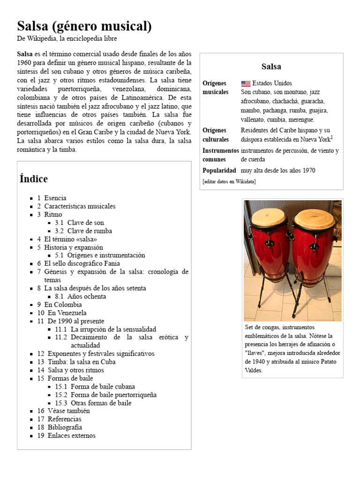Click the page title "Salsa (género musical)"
(x=84, y=26)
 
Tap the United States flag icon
(x=246, y=83)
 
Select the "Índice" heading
(x=33, y=179)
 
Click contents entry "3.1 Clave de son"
(x=79, y=223)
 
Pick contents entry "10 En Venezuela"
(x=62, y=313)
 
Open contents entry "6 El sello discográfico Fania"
(x=79, y=263)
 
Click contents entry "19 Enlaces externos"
(x=66, y=435)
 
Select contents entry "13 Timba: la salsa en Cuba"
(x=76, y=362)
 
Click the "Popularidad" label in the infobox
(x=219, y=171)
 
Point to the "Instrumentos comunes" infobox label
(x=220, y=155)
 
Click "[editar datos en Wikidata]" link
(x=229, y=181)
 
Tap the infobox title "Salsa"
(x=271, y=67)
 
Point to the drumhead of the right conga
(x=314, y=219)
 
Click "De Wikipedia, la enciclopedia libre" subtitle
(x=67, y=38)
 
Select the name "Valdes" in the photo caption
(x=254, y=370)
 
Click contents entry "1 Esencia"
(x=52, y=198)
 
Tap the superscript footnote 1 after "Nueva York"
(x=332, y=137)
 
